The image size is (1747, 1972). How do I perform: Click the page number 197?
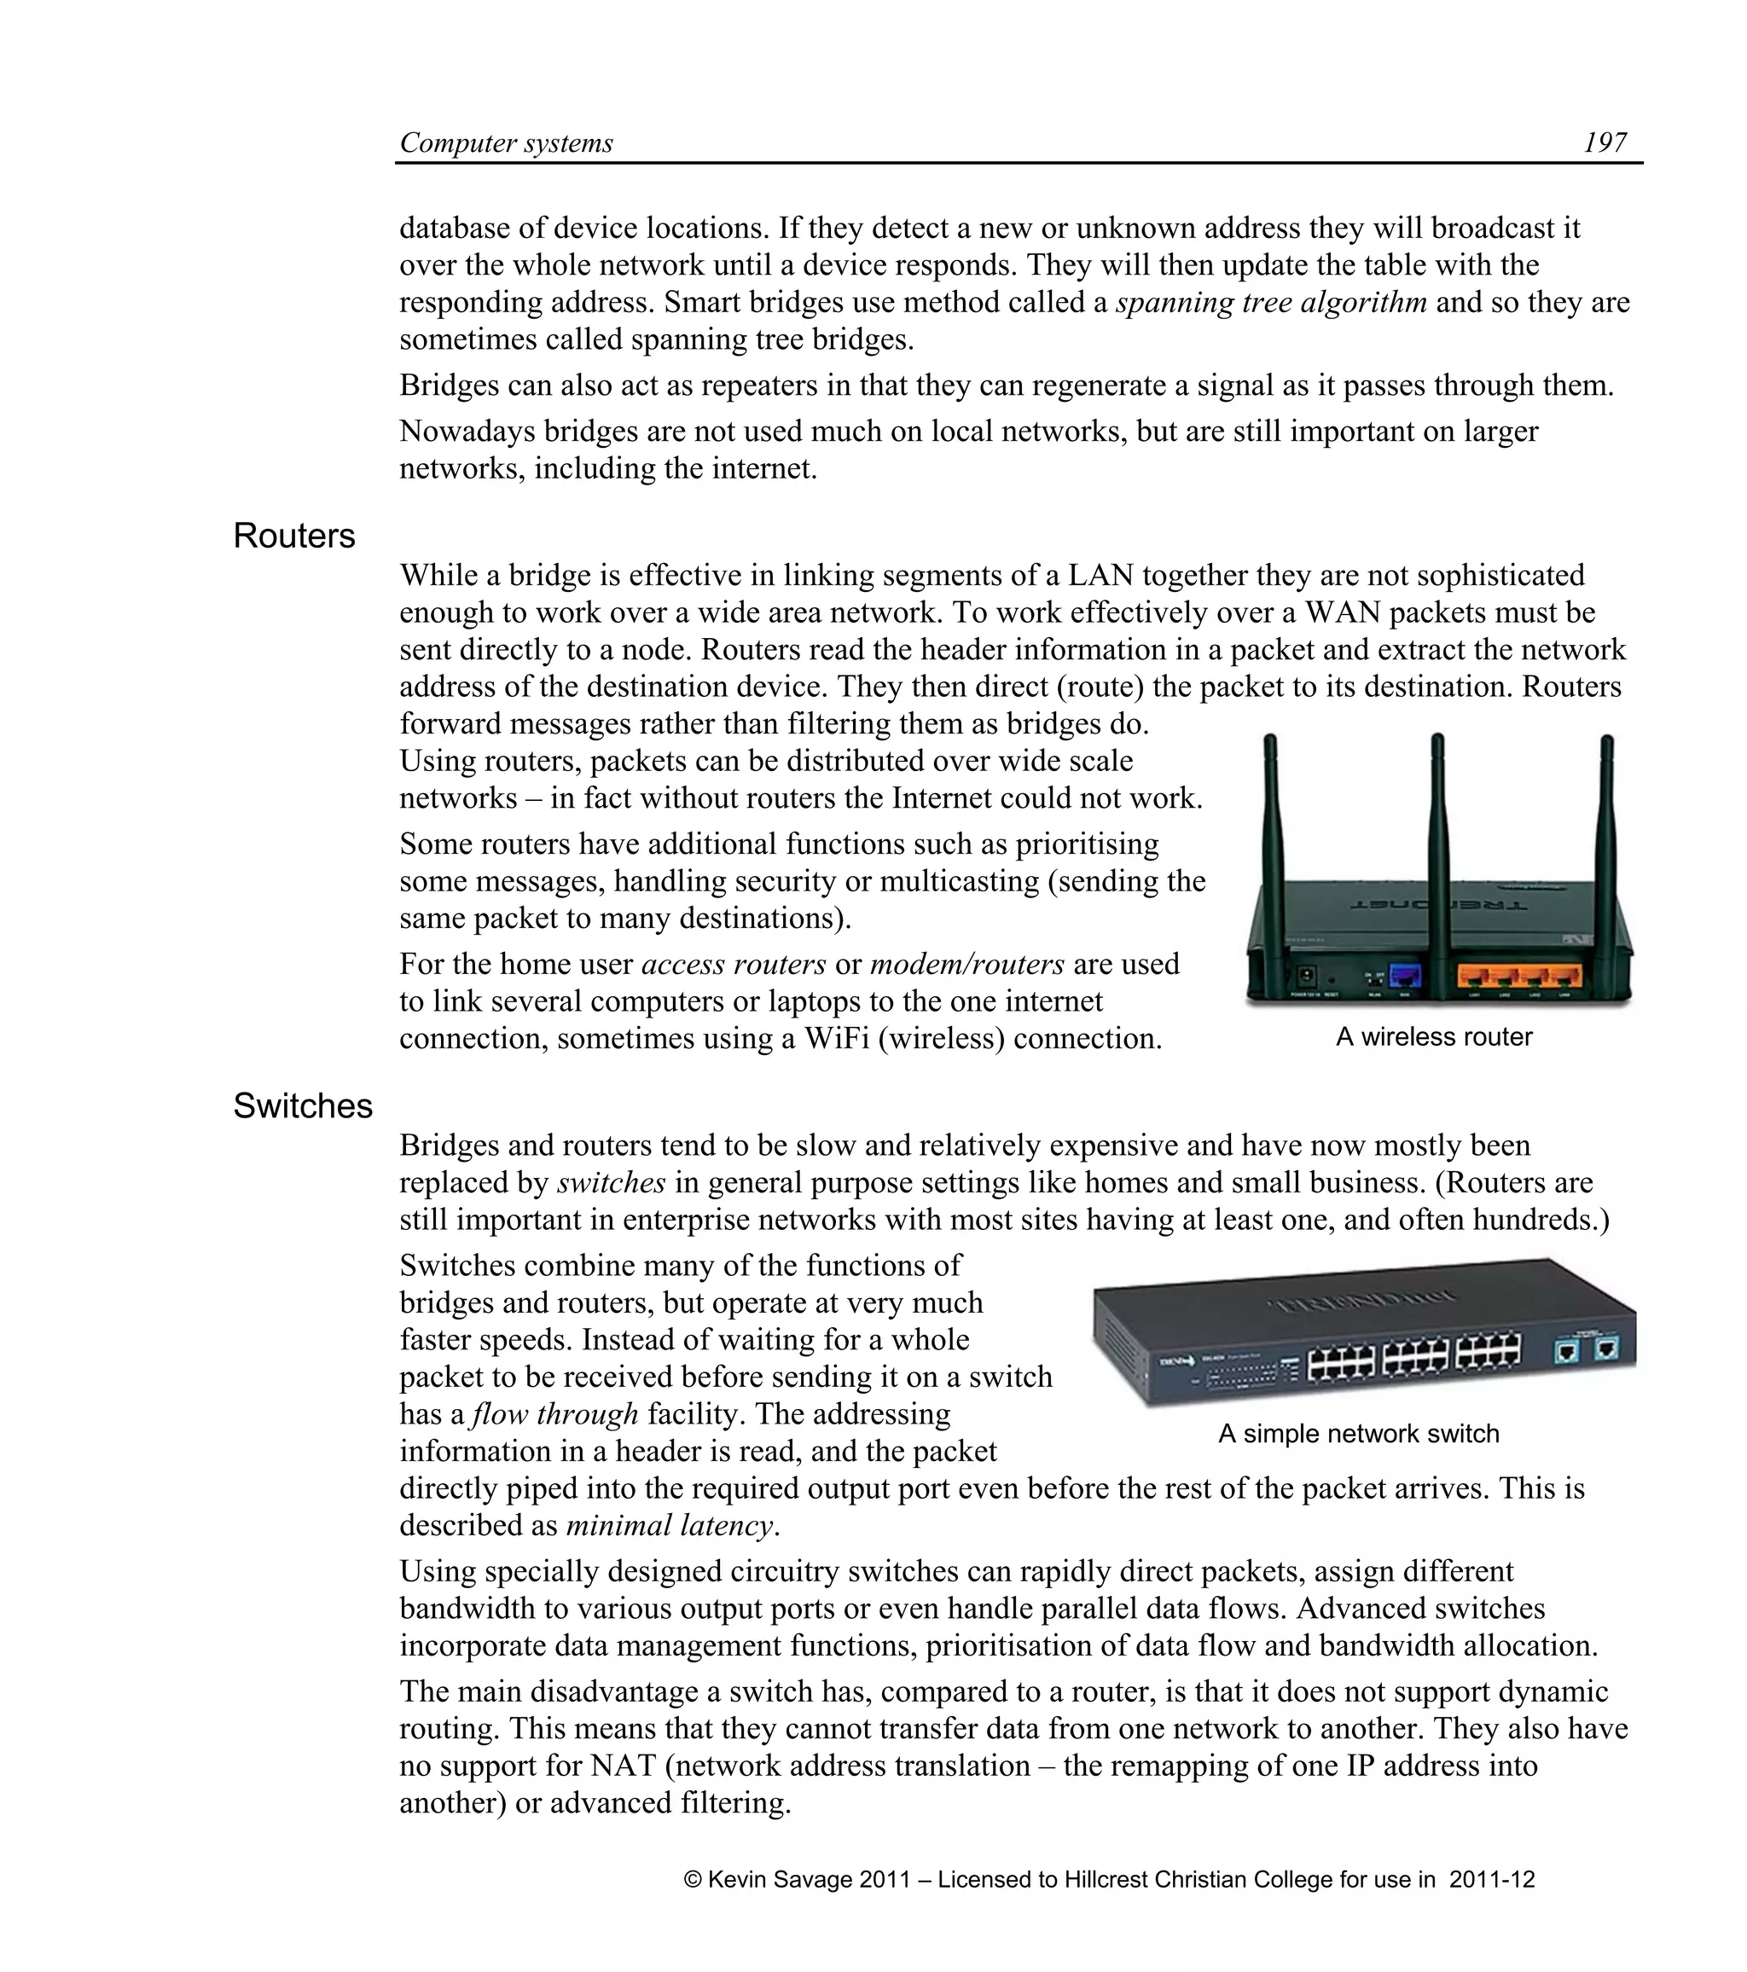tap(1605, 142)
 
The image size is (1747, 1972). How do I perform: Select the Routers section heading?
tap(294, 536)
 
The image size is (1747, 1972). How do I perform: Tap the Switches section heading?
tap(302, 1105)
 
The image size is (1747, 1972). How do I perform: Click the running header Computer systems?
tap(507, 142)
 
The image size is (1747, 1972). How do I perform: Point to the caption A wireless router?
tap(1433, 1037)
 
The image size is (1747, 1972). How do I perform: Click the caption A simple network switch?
tap(1358, 1434)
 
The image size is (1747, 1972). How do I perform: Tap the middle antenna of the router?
tap(1438, 830)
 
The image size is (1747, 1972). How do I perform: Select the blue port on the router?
tap(1405, 976)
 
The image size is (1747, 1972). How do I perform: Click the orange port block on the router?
tap(1519, 977)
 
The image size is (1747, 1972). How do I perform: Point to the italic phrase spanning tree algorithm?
tap(1270, 302)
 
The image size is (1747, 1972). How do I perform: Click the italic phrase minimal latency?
tap(670, 1525)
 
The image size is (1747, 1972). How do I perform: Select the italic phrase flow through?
tap(554, 1414)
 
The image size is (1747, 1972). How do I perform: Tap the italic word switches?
tap(612, 1183)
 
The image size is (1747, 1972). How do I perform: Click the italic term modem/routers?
tap(966, 964)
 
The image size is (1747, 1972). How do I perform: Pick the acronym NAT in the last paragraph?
tap(624, 1766)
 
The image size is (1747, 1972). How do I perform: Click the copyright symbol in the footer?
tap(693, 1879)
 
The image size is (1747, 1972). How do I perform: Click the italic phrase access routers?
tap(733, 964)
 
